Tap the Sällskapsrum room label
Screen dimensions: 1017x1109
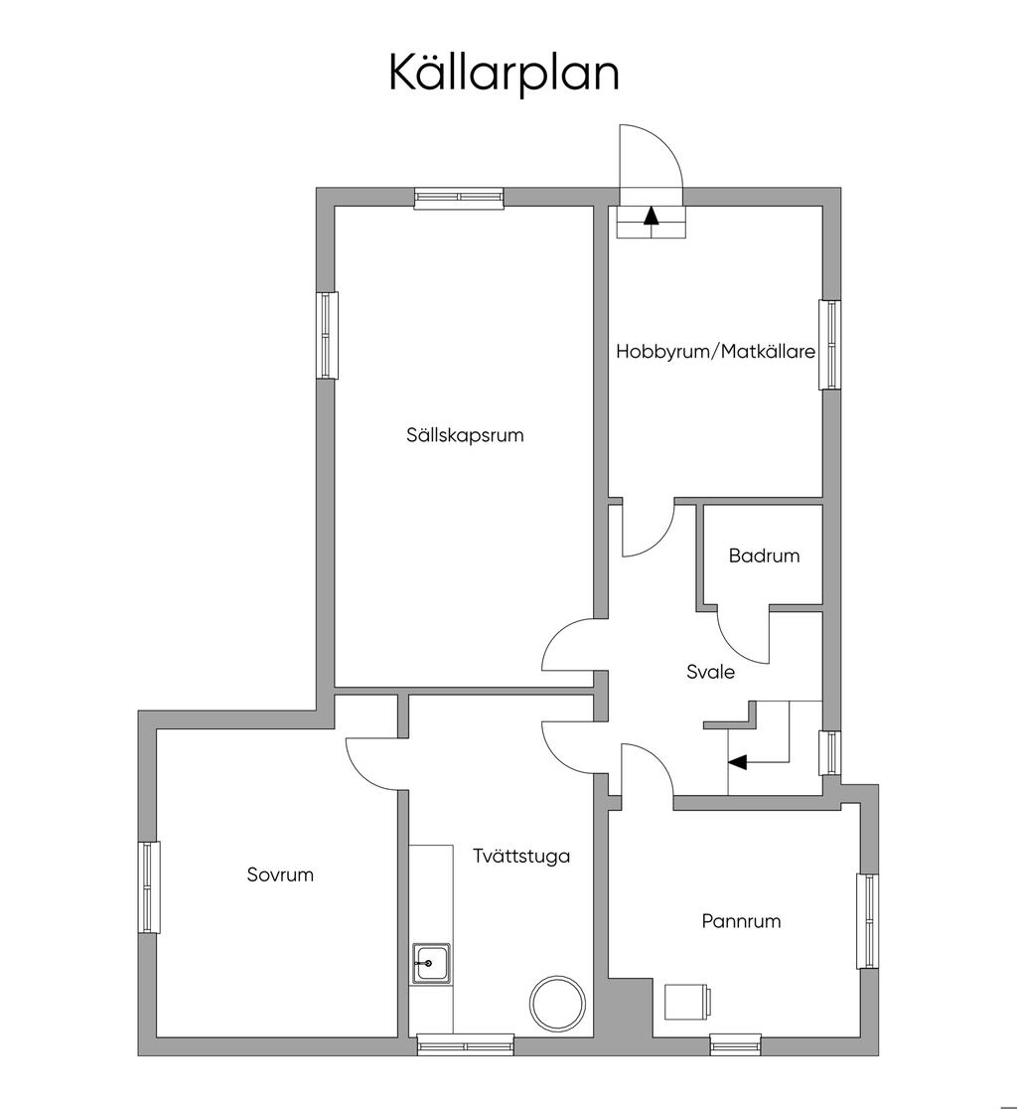tap(465, 435)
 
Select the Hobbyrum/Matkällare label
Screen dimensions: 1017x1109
tap(716, 352)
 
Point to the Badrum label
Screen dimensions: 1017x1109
tap(764, 555)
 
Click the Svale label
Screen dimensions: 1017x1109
tap(710, 671)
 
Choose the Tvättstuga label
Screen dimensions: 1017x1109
tap(521, 856)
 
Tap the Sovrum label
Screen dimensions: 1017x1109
tap(280, 874)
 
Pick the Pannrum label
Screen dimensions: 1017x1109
tap(741, 921)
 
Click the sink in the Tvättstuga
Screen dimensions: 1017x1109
tap(432, 963)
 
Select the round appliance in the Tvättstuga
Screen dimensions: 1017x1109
tap(557, 1003)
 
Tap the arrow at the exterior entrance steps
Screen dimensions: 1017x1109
tap(651, 215)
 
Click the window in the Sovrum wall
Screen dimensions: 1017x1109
tap(148, 887)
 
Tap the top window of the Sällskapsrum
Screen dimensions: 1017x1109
tap(459, 198)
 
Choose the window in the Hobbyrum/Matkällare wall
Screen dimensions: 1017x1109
tap(829, 345)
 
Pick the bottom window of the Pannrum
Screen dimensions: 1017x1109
tap(734, 1044)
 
